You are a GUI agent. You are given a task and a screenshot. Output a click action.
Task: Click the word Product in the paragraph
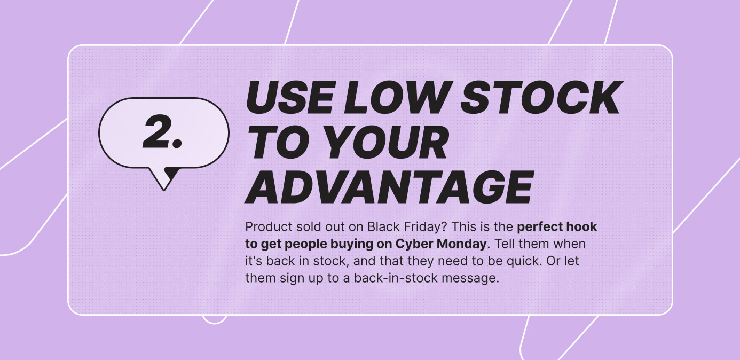click(264, 227)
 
